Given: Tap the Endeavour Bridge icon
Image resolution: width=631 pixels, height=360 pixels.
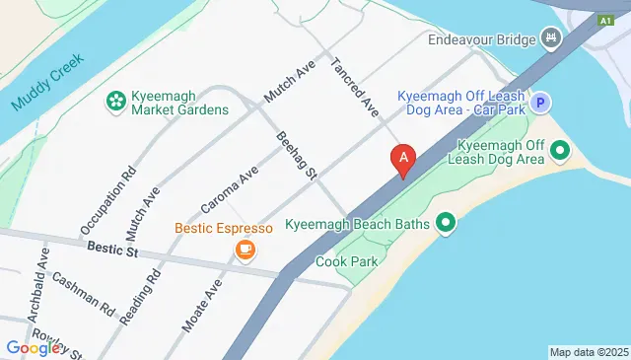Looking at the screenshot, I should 551,40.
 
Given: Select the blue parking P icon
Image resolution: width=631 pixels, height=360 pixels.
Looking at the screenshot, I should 539,102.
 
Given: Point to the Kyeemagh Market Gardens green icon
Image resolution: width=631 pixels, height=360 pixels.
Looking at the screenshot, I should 115,100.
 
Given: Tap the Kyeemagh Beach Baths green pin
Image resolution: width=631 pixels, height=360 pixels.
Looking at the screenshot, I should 446,224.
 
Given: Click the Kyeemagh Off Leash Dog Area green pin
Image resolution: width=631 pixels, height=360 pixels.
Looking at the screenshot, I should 560,151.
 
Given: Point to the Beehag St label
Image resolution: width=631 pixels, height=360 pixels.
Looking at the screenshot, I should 295,156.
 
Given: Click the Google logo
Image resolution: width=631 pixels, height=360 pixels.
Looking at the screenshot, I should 34,347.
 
